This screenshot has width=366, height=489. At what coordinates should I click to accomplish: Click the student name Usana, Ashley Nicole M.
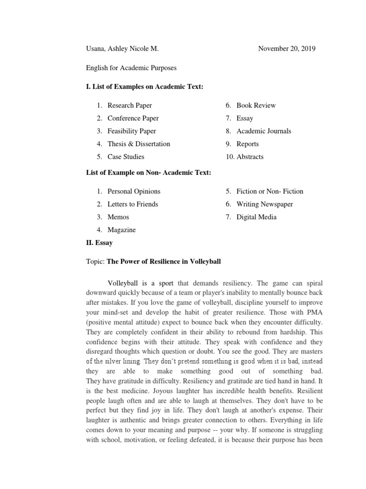coord(122,49)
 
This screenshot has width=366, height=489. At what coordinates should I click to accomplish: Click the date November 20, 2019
coord(286,49)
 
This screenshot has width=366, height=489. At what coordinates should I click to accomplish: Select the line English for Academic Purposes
coord(131,68)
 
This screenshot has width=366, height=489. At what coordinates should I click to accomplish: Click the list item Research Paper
coord(130,106)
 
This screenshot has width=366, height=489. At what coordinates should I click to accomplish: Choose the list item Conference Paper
coord(133,118)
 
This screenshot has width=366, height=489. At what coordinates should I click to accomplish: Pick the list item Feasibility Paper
coord(132,131)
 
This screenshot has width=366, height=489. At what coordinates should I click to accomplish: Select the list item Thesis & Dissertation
coord(139,144)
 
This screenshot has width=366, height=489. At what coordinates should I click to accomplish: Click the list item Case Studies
coord(126,157)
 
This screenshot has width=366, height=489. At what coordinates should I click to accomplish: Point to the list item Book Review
coord(256,106)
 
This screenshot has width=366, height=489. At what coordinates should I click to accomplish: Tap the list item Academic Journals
coord(264,131)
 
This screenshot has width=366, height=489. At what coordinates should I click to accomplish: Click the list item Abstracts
coord(250,157)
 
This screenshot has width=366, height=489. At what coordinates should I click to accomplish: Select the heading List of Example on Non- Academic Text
coord(149,172)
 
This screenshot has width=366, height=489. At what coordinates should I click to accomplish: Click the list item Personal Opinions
coord(134,191)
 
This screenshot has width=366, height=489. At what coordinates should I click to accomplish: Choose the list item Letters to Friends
coord(132,204)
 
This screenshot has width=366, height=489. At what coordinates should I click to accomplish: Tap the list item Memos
coord(118,217)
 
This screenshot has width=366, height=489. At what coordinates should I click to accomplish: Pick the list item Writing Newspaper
coord(264,204)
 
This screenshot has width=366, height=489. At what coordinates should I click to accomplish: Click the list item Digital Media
coord(256,217)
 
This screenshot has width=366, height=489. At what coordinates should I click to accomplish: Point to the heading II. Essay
coord(99,243)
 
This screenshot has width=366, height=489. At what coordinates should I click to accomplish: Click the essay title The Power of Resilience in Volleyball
coord(163,262)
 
